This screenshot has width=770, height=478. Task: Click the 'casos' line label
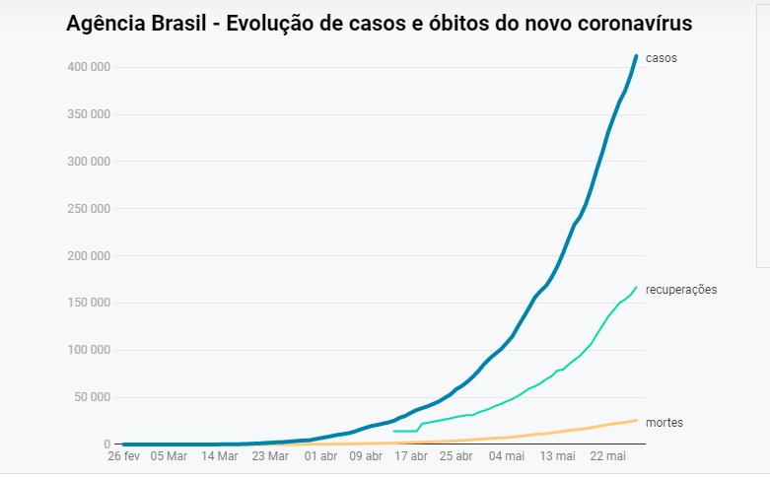pyautogui.click(x=661, y=58)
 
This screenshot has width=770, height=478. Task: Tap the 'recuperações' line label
pyautogui.click(x=687, y=290)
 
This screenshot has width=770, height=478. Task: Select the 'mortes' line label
pyautogui.click(x=665, y=423)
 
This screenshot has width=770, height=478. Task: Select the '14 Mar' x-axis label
pyautogui.click(x=220, y=456)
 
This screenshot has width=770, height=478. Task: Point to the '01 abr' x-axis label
pyautogui.click(x=320, y=456)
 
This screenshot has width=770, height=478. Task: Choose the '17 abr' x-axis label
pyautogui.click(x=412, y=456)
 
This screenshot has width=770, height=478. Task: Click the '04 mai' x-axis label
pyautogui.click(x=507, y=456)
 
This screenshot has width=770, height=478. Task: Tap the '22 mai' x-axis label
pyautogui.click(x=607, y=456)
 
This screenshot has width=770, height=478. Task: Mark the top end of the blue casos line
pyautogui.click(x=636, y=56)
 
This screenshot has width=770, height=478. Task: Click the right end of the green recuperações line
pyautogui.click(x=636, y=287)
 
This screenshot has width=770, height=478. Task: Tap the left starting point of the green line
pyautogui.click(x=393, y=431)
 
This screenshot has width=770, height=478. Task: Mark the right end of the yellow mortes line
pyautogui.click(x=636, y=420)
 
